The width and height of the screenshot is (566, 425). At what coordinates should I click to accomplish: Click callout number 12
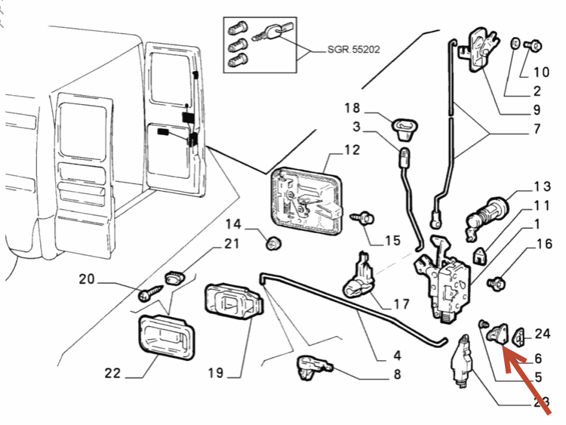pos(352,150)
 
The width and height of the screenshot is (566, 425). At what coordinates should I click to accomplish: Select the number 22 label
pos(112,372)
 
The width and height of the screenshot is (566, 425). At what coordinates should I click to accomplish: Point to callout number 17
pos(401,304)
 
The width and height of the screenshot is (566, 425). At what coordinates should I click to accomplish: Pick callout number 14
pos(232,224)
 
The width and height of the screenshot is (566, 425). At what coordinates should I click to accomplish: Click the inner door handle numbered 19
pos(233,305)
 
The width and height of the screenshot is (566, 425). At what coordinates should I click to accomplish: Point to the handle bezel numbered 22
pos(164,337)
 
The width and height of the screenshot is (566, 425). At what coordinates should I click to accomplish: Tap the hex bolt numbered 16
pos(497,284)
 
